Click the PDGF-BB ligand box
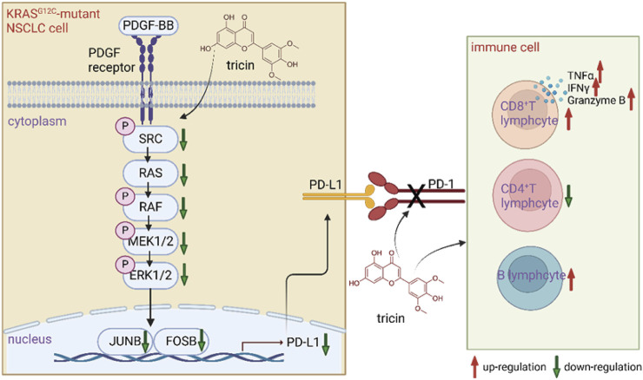pyautogui.click(x=149, y=26)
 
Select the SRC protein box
pyautogui.click(x=150, y=139)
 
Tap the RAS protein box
pyautogui.click(x=150, y=173)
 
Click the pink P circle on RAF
pyautogui.click(x=125, y=197)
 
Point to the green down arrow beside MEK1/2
pyautogui.click(x=184, y=243)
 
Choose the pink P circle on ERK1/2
pyautogui.click(x=125, y=264)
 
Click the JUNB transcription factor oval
pyautogui.click(x=124, y=341)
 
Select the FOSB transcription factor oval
pyautogui.click(x=182, y=341)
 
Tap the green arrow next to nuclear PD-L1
pyautogui.click(x=326, y=344)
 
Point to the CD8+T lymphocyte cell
pyautogui.click(x=526, y=114)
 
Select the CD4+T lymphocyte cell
pyautogui.click(x=527, y=195)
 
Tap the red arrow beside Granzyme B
pyautogui.click(x=632, y=100)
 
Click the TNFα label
pyautogui.click(x=580, y=75)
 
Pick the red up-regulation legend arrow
pyautogui.click(x=474, y=366)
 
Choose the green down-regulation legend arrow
pyautogui.click(x=556, y=366)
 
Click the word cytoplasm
pyautogui.click(x=36, y=122)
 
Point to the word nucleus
pyautogui.click(x=30, y=339)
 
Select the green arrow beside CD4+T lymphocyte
pyautogui.click(x=568, y=196)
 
